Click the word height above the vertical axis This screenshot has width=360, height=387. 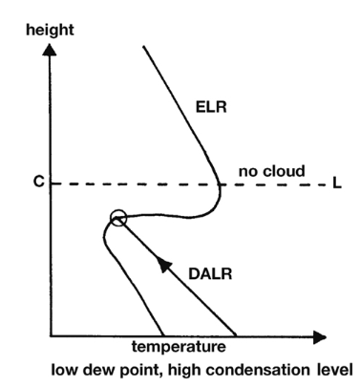click(x=50, y=31)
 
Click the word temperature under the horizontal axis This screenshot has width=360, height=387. click(x=179, y=347)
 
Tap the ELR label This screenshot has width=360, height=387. click(x=211, y=107)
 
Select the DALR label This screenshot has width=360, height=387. click(x=210, y=274)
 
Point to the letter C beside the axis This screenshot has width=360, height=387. click(x=38, y=182)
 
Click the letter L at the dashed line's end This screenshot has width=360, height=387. click(x=337, y=183)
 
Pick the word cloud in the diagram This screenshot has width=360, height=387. click(x=285, y=171)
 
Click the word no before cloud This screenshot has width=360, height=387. click(x=248, y=172)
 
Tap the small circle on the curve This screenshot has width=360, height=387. click(x=118, y=218)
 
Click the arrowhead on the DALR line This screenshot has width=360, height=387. click(x=164, y=264)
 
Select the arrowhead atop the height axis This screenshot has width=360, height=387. click(x=50, y=50)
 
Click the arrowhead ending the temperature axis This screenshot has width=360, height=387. click(x=320, y=337)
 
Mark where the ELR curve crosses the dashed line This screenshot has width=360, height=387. click(x=220, y=184)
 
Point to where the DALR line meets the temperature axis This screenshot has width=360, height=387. click(x=236, y=335)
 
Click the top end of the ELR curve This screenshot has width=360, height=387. click(x=144, y=47)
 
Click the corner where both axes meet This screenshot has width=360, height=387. click(x=51, y=335)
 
